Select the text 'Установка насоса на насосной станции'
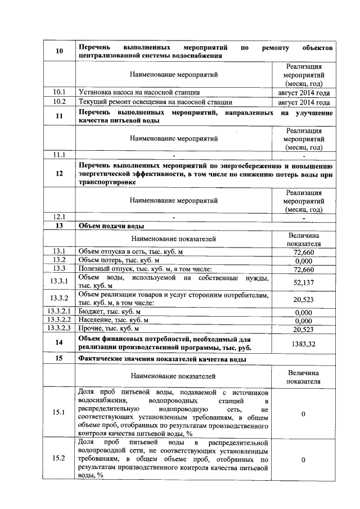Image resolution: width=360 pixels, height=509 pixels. (139, 92)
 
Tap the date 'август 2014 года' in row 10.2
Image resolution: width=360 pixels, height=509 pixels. (303, 102)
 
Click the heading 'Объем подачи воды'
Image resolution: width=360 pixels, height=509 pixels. (111, 226)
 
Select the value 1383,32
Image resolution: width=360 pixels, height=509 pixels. (303, 343)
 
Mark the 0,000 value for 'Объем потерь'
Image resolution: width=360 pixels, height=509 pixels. (303, 260)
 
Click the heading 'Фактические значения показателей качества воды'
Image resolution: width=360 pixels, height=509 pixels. (163, 359)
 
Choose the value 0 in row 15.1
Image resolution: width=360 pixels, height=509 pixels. (303, 414)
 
